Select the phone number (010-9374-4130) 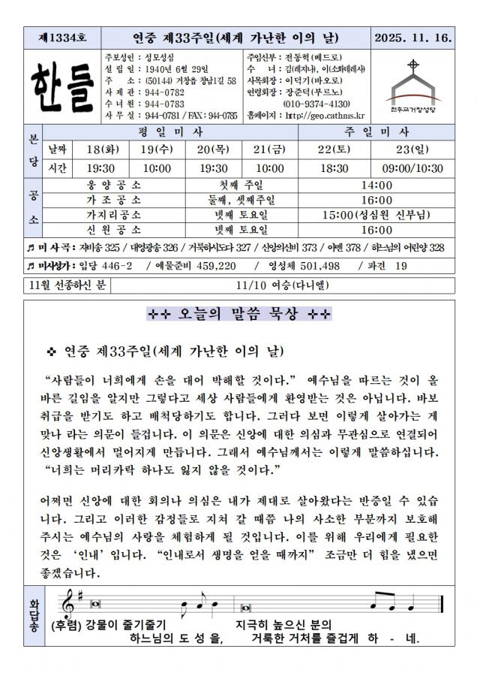pyautogui.click(x=315, y=103)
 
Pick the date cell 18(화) pyautogui.click(x=100, y=149)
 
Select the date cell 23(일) pyautogui.click(x=412, y=149)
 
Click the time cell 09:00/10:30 pyautogui.click(x=412, y=167)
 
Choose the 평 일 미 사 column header pyautogui.click(x=171, y=131)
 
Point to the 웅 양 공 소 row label pyautogui.click(x=114, y=185)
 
